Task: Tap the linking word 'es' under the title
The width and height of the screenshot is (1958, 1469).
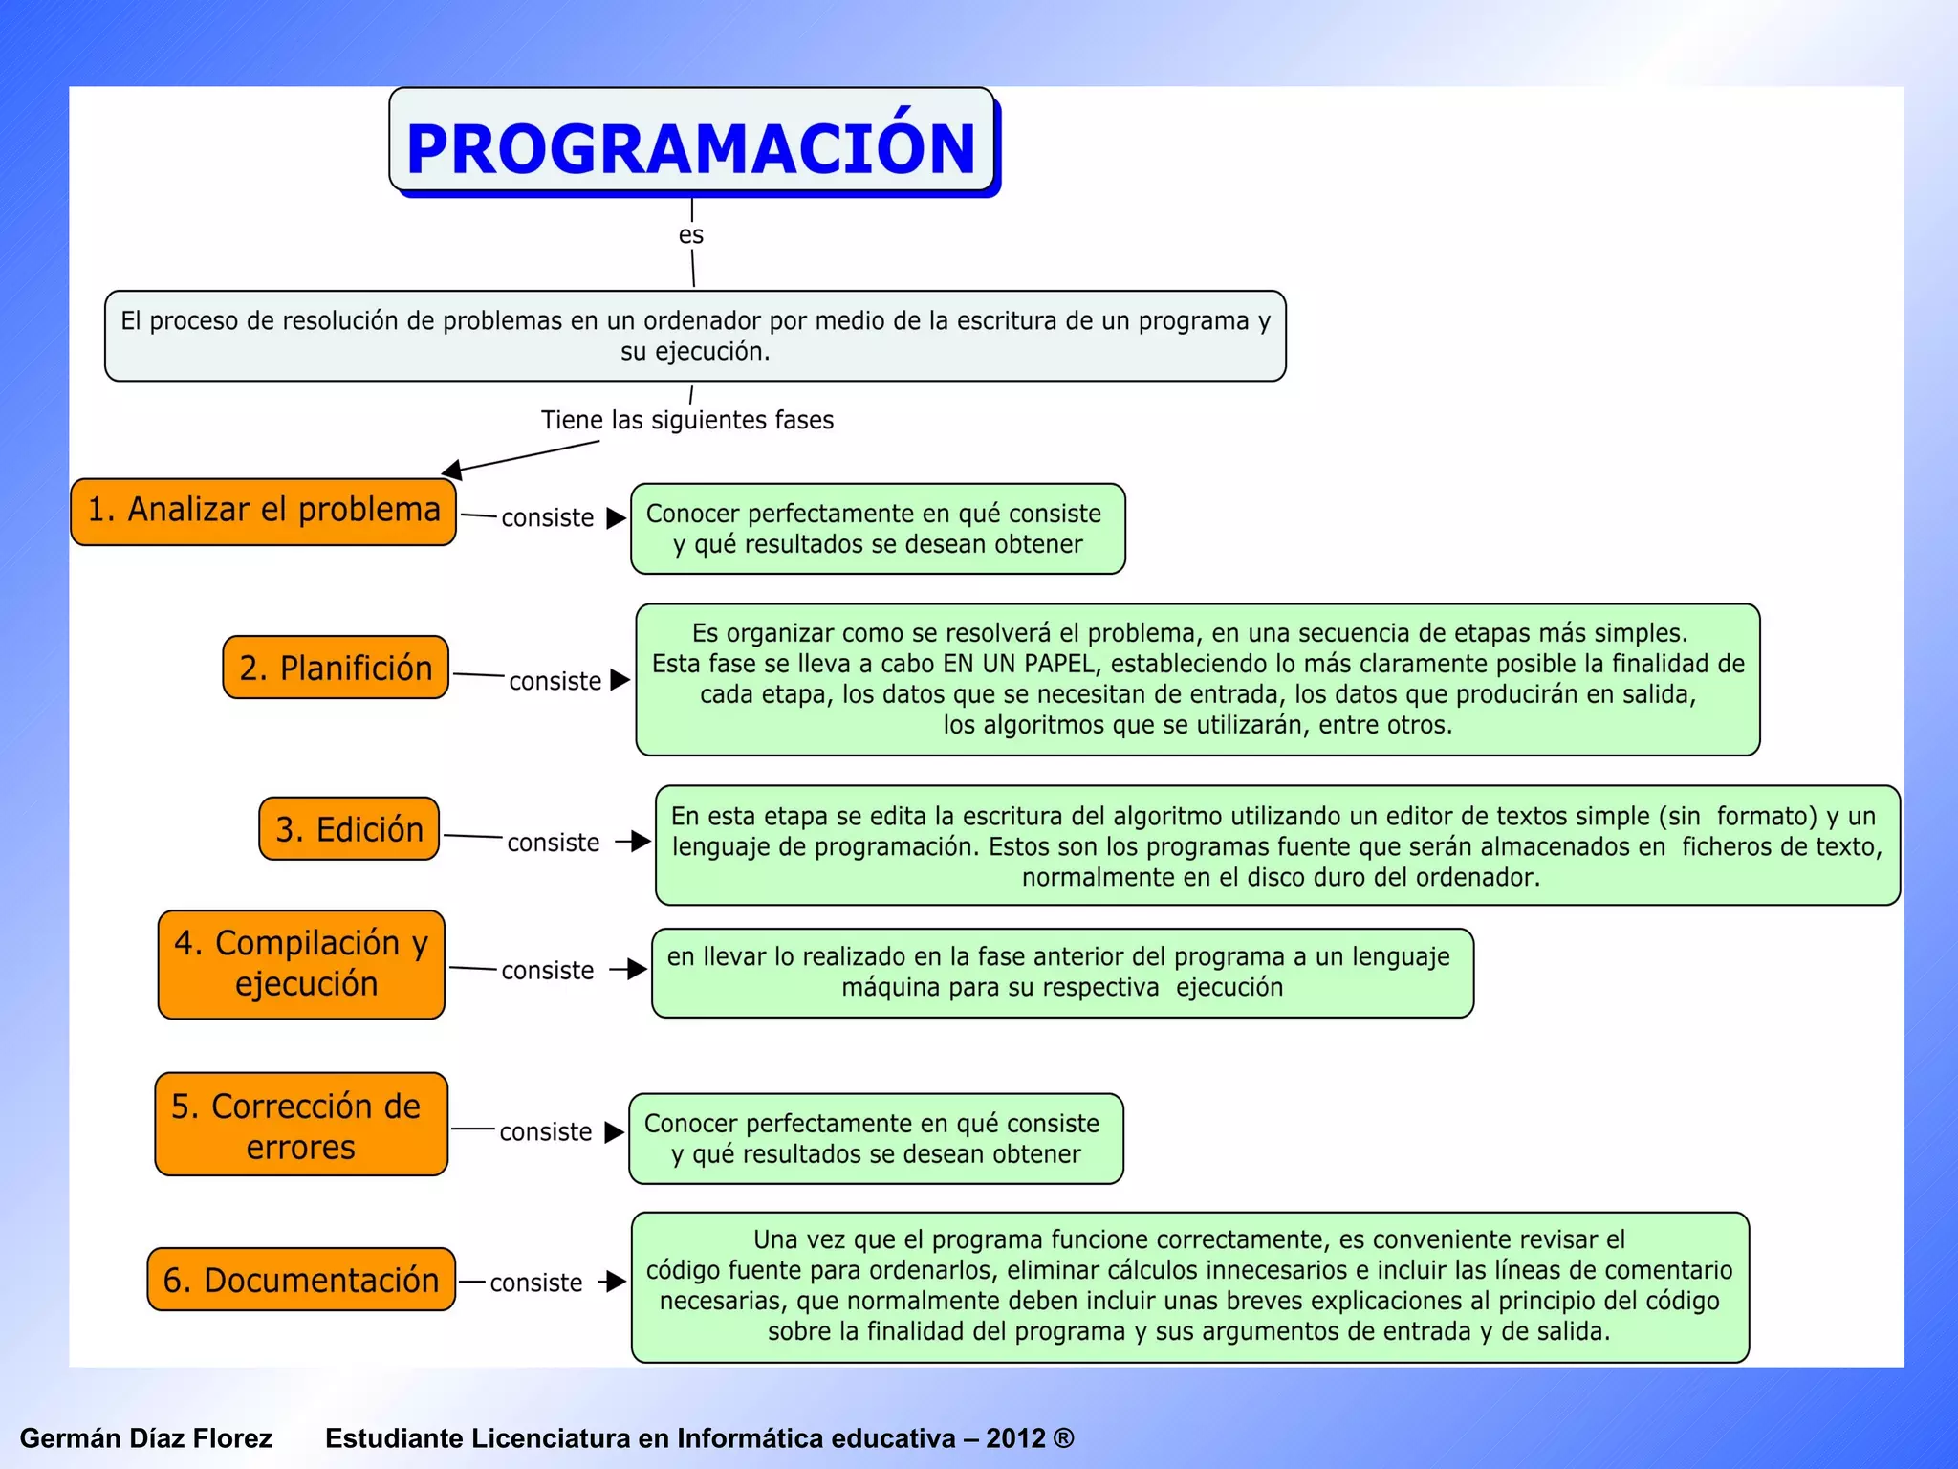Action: coord(690,235)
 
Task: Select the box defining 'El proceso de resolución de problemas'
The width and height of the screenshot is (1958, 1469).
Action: coord(695,336)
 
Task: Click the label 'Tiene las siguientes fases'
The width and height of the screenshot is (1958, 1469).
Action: coord(686,420)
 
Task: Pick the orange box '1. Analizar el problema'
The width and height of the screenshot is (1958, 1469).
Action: coord(263,512)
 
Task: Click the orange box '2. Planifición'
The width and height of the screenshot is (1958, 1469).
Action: coord(336,668)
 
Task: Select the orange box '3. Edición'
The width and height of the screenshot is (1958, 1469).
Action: coord(349,829)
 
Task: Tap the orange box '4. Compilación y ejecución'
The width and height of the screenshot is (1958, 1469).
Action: coord(301,964)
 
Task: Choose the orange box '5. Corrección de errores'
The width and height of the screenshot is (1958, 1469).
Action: coord(301,1125)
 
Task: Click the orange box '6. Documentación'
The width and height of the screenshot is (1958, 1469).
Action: coord(301,1280)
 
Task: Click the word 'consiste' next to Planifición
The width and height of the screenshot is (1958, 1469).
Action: coord(555,682)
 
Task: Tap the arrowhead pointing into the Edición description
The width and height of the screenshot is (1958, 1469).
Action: coord(642,842)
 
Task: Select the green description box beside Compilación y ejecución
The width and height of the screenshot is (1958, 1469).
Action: coord(1061,973)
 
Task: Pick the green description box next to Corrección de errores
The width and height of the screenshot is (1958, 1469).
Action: coord(875,1139)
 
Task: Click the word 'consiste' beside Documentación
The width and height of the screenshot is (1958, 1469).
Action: coord(535,1283)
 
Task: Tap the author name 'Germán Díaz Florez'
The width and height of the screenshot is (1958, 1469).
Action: coord(145,1438)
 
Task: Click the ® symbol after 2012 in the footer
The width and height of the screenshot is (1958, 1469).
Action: coord(1063,1438)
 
